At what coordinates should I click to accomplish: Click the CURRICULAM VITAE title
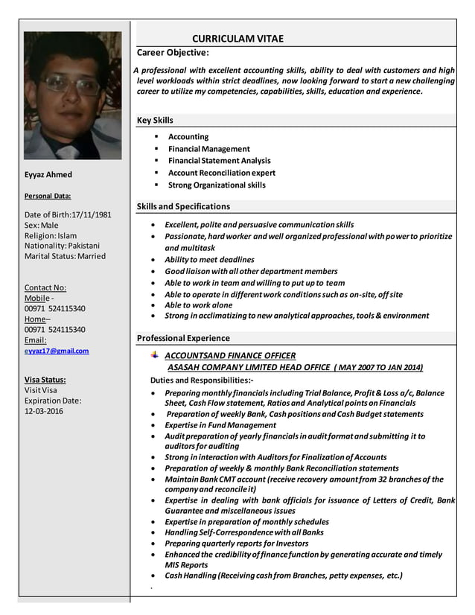click(x=238, y=39)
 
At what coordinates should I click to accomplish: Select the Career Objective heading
click(x=173, y=52)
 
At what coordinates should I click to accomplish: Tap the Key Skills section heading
click(x=155, y=120)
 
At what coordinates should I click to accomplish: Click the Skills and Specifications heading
click(x=183, y=206)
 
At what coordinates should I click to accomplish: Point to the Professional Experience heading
click(x=183, y=338)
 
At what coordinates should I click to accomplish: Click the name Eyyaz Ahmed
click(x=48, y=174)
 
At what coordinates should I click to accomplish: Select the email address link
click(x=57, y=351)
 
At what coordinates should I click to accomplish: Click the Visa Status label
click(x=45, y=379)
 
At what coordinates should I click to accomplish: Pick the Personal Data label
click(x=48, y=196)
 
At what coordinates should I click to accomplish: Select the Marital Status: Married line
click(x=65, y=256)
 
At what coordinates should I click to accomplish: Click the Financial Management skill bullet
click(x=208, y=149)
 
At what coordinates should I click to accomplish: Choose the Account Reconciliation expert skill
click(x=221, y=173)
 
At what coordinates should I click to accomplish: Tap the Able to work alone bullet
click(x=198, y=305)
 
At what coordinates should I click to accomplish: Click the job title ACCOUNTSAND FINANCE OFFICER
click(x=229, y=356)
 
